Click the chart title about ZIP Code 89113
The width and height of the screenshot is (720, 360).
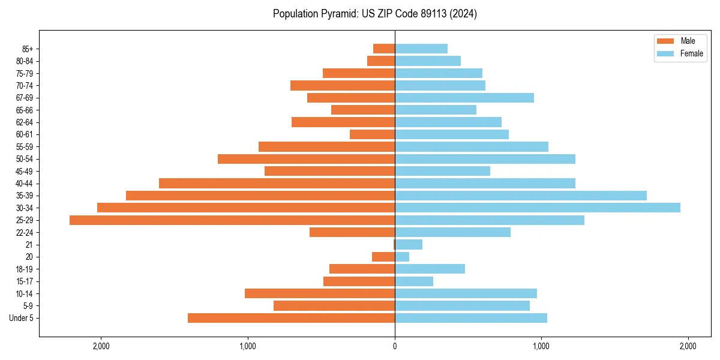pyautogui.click(x=374, y=14)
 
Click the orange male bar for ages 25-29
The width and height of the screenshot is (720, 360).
pyautogui.click(x=232, y=220)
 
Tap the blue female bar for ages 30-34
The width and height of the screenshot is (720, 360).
pyautogui.click(x=537, y=208)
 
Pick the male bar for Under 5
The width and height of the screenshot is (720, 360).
pyautogui.click(x=291, y=318)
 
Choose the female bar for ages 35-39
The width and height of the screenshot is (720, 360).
pyautogui.click(x=520, y=196)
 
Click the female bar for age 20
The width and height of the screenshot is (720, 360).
pyautogui.click(x=402, y=257)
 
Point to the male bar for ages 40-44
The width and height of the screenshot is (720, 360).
pyautogui.click(x=277, y=183)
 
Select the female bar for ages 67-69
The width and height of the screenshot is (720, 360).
pyautogui.click(x=464, y=98)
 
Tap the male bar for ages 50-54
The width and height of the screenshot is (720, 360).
pyautogui.click(x=306, y=159)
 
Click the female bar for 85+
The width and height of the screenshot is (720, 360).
pyautogui.click(x=421, y=49)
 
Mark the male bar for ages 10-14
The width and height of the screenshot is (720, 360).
pyautogui.click(x=319, y=293)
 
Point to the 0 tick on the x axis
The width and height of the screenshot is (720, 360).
pyautogui.click(x=395, y=346)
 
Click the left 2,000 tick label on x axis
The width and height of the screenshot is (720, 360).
pyautogui.click(x=101, y=346)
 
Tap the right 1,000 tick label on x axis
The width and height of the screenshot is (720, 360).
pyautogui.click(x=541, y=346)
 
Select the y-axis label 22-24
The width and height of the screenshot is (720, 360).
pyautogui.click(x=25, y=233)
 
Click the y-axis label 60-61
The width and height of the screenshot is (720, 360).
pyautogui.click(x=25, y=134)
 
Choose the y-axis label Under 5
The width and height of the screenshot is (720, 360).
pyautogui.click(x=21, y=318)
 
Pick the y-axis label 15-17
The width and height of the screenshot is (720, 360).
pyautogui.click(x=25, y=281)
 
